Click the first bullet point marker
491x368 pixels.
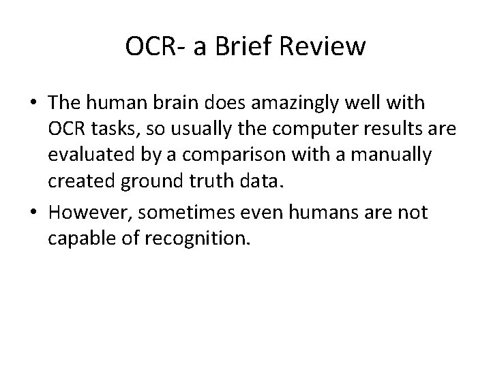35,104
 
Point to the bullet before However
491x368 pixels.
35,213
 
